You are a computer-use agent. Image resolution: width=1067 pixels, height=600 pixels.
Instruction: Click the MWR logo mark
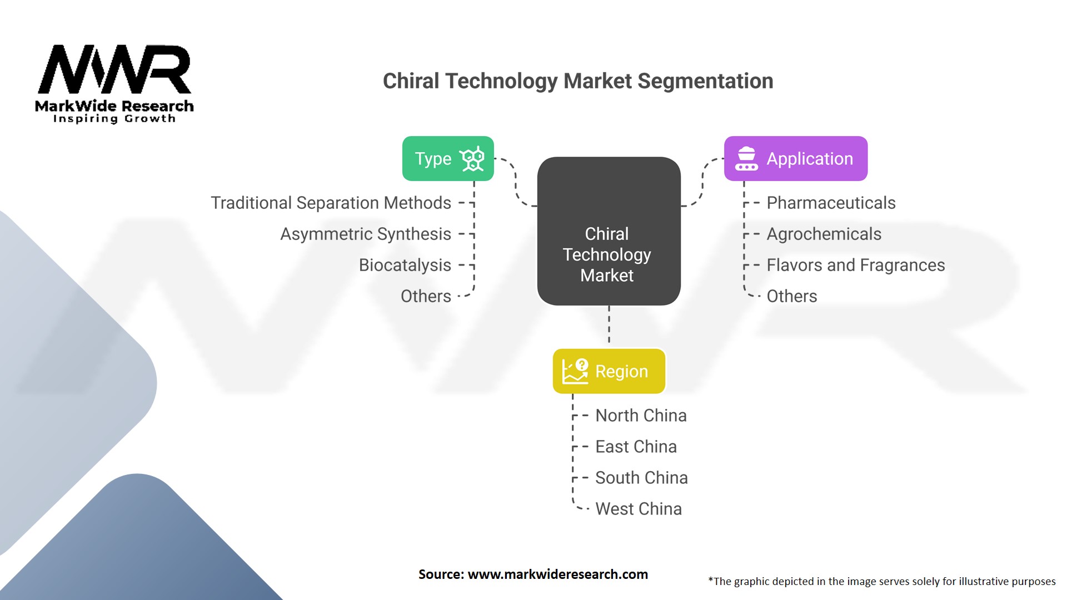(114, 69)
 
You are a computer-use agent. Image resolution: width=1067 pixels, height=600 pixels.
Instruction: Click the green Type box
(447, 158)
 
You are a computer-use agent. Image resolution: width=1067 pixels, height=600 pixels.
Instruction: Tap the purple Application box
(795, 158)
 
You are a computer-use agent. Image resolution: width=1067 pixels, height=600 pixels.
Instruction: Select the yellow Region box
(609, 371)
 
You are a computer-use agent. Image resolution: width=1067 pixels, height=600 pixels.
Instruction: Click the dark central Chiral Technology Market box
(609, 231)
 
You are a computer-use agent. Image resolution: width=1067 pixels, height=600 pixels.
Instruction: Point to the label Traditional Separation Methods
(331, 203)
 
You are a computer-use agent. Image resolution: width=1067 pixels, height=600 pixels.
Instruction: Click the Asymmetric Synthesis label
(365, 234)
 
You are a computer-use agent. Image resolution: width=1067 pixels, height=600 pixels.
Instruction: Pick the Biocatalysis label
(405, 265)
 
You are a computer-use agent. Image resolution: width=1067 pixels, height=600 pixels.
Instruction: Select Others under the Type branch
(426, 296)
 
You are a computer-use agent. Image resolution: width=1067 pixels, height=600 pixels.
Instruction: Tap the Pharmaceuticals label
(831, 203)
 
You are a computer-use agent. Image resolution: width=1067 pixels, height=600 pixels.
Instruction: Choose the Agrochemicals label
(824, 234)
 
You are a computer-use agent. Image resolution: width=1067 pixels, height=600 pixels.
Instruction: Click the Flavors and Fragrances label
(855, 265)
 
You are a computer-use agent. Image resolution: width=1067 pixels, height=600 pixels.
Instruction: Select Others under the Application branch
(791, 296)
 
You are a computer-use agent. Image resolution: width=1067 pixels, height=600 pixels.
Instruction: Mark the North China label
(641, 416)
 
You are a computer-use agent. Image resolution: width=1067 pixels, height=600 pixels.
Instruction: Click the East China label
(636, 447)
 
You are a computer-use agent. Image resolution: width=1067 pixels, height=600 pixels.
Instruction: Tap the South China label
(641, 478)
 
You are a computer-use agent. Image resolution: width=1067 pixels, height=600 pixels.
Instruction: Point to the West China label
(638, 509)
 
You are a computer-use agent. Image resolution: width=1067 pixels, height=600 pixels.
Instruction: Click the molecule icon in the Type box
(472, 159)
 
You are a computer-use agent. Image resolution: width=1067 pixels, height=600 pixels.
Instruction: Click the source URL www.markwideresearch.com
(557, 574)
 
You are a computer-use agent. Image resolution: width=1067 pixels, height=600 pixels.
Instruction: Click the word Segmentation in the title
(705, 81)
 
